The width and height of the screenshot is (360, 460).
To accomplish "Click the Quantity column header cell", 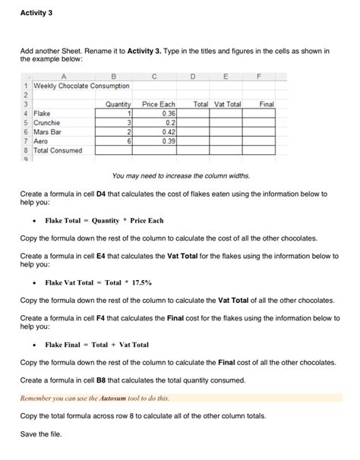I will [120, 103].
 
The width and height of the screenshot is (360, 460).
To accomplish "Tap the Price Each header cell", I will [159, 103].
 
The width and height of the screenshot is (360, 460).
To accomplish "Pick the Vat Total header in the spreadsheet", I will [228, 103].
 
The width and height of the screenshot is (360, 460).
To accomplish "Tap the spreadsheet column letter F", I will [261, 75].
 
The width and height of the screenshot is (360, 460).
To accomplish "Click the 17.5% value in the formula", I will [139, 282].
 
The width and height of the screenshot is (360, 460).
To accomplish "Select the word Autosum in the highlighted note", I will [115, 397].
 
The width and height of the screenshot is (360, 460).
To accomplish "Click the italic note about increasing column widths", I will [180, 175].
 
